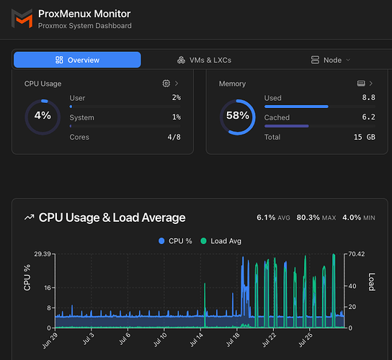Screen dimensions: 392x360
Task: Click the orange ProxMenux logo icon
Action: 22,19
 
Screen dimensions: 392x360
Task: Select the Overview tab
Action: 77,60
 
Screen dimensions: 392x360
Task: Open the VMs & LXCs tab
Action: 204,60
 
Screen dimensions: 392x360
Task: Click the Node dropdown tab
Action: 331,60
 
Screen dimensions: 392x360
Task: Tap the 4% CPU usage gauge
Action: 43,101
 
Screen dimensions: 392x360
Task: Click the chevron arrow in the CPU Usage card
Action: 177,84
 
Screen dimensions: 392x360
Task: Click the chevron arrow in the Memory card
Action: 371,84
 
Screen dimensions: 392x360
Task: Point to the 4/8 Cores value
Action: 174,137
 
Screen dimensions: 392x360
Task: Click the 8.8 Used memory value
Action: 368,97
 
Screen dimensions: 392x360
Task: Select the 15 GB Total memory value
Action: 365,137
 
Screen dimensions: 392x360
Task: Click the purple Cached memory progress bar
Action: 287,126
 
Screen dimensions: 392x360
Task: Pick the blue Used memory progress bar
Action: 296,107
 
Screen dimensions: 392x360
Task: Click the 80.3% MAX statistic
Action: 316,217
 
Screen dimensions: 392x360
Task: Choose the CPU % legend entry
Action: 175,240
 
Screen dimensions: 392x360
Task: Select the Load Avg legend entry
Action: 221,240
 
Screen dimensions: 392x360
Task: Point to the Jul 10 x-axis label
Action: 160,340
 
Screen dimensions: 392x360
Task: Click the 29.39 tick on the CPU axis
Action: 43,254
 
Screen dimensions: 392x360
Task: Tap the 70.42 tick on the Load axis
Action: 357,254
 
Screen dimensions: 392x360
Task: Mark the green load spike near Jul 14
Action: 205,305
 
